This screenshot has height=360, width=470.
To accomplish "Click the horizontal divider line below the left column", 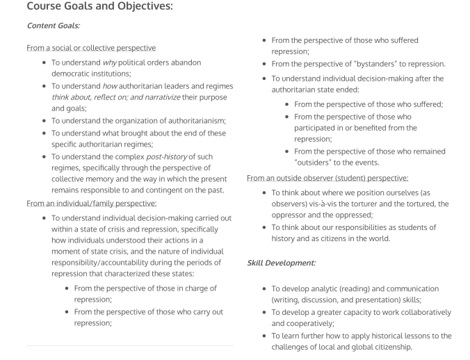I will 130,345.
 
